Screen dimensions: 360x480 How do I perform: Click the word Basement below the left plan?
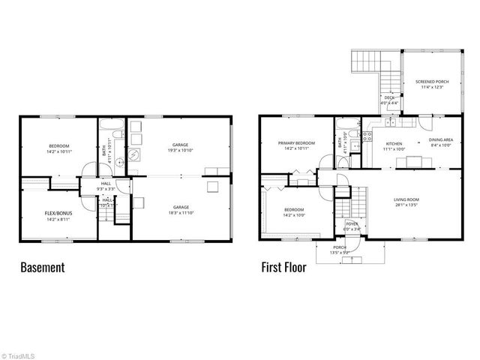[x=42, y=267]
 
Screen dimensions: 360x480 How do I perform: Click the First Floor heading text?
[x=283, y=267]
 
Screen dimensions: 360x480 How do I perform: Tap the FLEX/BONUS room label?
[x=58, y=214]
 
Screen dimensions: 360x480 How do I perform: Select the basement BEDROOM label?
[x=58, y=145]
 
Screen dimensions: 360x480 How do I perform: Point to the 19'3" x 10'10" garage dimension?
[x=180, y=151]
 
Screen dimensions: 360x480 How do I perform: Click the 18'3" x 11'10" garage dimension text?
[x=180, y=213]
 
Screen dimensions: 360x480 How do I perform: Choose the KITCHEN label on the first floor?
[x=394, y=142]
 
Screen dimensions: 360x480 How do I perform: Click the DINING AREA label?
[x=440, y=140]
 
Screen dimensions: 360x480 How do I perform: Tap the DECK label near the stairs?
[x=390, y=97]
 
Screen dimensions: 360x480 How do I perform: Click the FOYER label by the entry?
[x=352, y=224]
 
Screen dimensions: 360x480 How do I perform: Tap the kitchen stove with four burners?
[x=367, y=136]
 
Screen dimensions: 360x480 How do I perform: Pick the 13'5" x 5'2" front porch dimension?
[x=340, y=253]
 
